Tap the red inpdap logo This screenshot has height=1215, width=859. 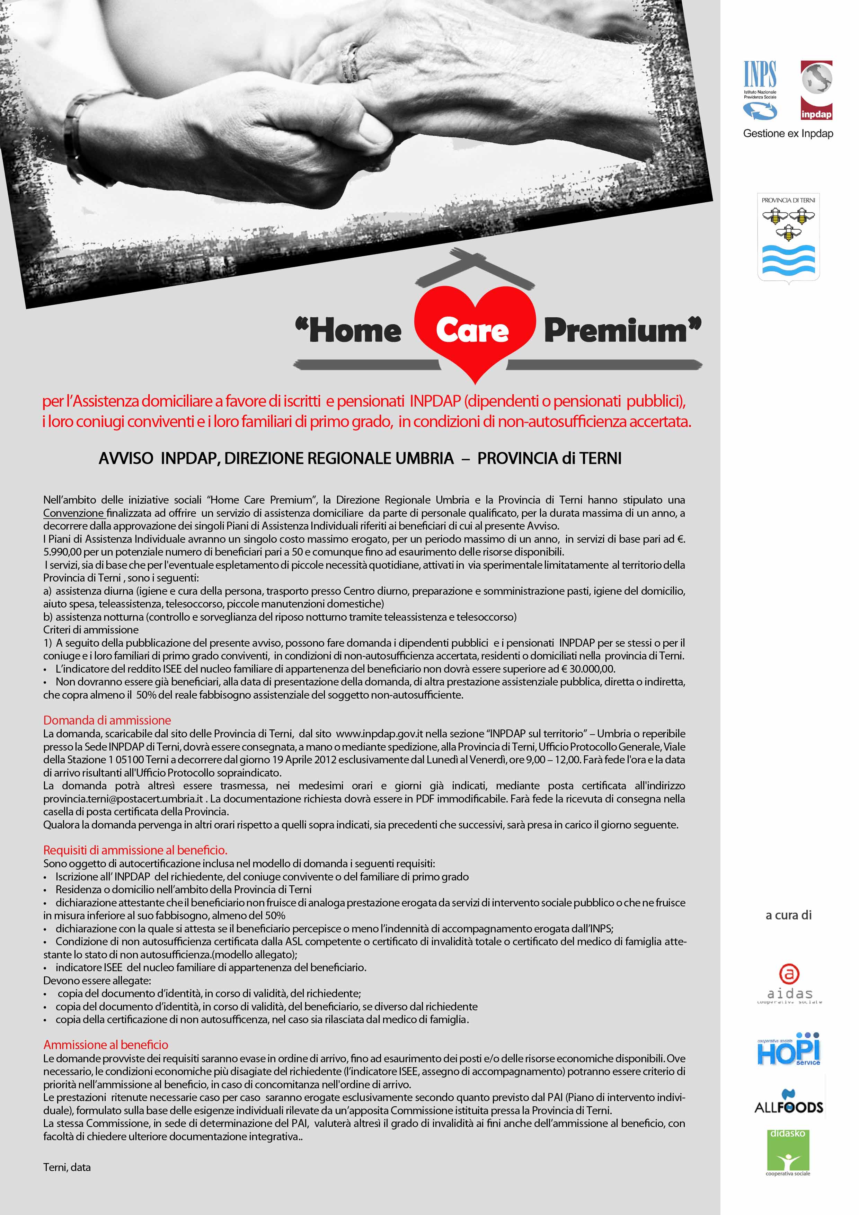coord(816,90)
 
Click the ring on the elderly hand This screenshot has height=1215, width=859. coord(349,62)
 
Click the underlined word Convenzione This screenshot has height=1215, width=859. coord(73,513)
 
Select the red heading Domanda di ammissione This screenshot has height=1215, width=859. coord(107,720)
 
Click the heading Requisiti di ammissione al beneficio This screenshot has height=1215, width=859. coord(135,850)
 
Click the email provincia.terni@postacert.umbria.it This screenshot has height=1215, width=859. coord(123,799)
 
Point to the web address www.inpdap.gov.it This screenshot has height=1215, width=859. coord(380,734)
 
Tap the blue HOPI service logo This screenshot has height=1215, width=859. coord(789,1049)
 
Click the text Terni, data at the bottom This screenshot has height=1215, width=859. coord(67,1167)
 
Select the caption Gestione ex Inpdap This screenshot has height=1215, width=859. coord(788,133)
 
